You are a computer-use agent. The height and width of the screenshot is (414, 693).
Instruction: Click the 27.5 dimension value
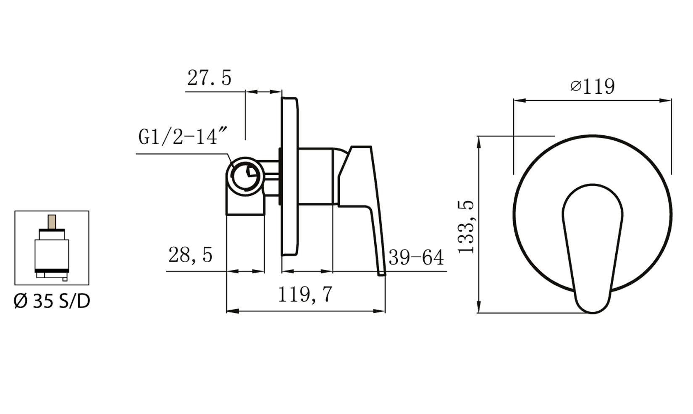pyautogui.click(x=209, y=78)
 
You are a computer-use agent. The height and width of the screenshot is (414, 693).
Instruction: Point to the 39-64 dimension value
pyautogui.click(x=416, y=257)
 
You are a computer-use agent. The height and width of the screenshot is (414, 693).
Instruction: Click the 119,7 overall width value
pyautogui.click(x=305, y=295)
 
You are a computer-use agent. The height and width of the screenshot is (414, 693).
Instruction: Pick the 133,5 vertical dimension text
pyautogui.click(x=466, y=227)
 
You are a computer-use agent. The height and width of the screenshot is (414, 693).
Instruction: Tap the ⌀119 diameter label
pyautogui.click(x=593, y=87)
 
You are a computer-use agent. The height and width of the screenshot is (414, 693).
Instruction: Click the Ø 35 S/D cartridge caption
pyautogui.click(x=52, y=301)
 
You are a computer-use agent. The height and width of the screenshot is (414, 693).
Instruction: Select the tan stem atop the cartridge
pyautogui.click(x=52, y=222)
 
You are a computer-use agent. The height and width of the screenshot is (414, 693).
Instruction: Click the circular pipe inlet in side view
pyautogui.click(x=245, y=177)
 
